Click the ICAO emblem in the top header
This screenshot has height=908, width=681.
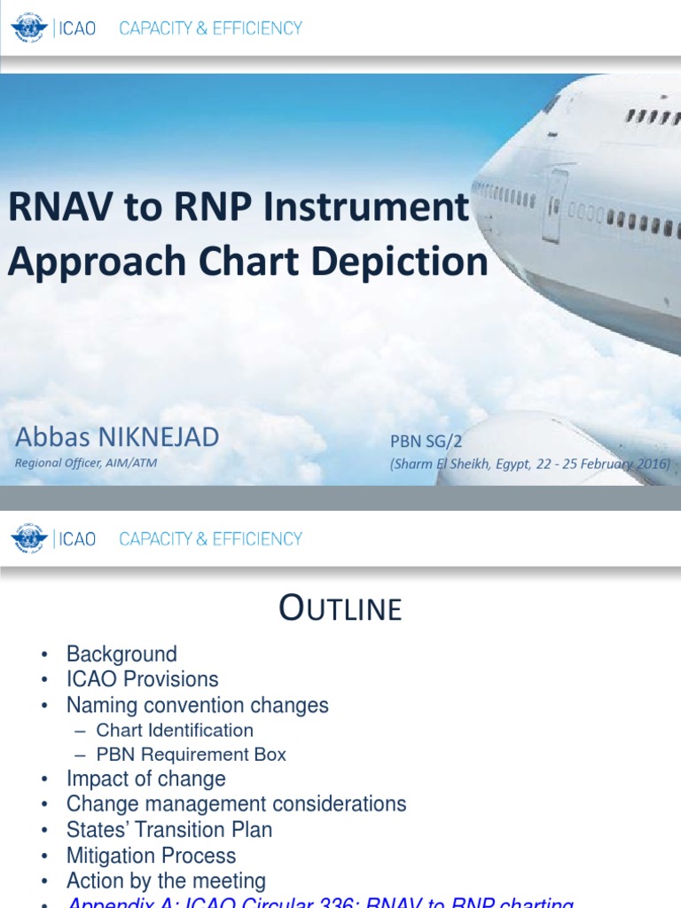(29, 28)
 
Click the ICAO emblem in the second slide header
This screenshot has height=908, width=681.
(29, 539)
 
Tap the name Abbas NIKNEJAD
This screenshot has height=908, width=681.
(117, 436)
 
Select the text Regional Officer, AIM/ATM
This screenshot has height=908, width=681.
(86, 463)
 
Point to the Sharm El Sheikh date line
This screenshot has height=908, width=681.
(530, 464)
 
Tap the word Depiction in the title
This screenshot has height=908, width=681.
(398, 262)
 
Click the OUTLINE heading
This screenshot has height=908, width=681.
(340, 609)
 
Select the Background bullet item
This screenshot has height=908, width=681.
(121, 654)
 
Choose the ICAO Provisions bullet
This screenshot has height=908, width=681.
(142, 679)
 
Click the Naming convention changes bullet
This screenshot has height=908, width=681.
(197, 706)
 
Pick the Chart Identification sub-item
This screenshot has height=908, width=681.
(175, 731)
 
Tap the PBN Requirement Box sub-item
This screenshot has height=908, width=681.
(191, 755)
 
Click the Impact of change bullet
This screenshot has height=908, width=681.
(145, 779)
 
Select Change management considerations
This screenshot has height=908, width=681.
(236, 804)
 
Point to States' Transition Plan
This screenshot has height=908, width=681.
(168, 830)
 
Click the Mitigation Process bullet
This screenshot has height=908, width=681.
(151, 856)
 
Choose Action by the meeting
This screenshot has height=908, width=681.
(166, 881)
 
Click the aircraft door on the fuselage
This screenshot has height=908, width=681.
(555, 205)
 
